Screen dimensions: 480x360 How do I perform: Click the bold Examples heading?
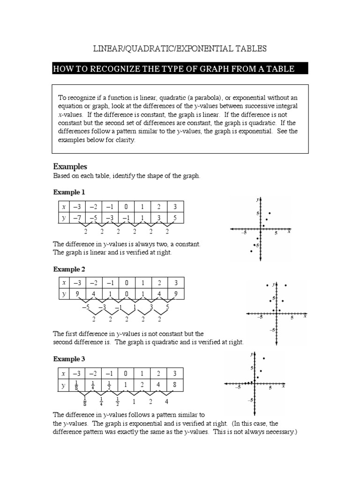70,167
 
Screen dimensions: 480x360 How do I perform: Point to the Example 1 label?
69,192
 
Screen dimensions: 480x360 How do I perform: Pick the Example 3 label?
69,359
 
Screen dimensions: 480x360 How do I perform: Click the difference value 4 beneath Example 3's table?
166,402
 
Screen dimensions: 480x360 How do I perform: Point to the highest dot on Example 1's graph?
270,213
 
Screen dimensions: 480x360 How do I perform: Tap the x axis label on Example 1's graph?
289,232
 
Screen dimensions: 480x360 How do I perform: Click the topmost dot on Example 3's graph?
264,359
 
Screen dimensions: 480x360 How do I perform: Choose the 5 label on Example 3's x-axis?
270,389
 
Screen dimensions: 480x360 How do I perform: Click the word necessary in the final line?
280,432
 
